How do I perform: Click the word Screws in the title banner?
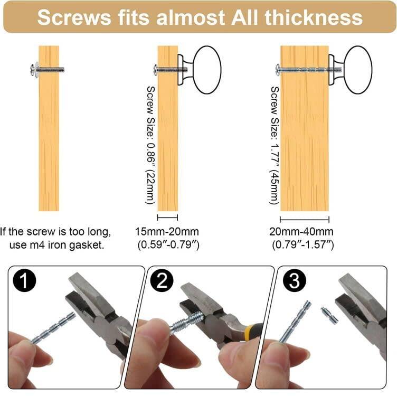tap(74, 17)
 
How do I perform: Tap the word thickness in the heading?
tap(314, 17)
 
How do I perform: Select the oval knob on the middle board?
tap(207, 70)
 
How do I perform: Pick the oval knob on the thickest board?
tap(358, 70)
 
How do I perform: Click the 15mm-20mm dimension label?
tap(167, 231)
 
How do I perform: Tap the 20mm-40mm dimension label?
tap(301, 231)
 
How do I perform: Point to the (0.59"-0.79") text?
tap(168, 244)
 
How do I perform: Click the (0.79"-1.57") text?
tap(303, 244)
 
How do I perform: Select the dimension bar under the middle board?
tap(167, 217)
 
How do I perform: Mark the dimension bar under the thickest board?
tap(304, 219)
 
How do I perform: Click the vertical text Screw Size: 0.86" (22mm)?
tap(150, 145)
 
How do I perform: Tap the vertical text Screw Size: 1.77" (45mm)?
tap(275, 145)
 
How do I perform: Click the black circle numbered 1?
tap(24, 280)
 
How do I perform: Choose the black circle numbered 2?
tap(162, 280)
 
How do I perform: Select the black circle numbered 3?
tap(294, 280)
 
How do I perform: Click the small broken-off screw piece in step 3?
tap(330, 316)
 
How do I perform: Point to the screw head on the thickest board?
tap(278, 69)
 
